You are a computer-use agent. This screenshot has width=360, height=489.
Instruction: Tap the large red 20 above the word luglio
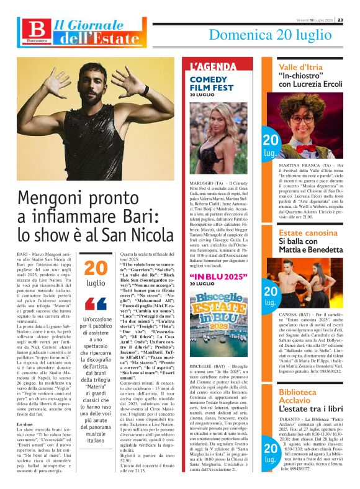click(x=96, y=267)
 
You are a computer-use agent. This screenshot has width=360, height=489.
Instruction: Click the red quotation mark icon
click(x=96, y=304)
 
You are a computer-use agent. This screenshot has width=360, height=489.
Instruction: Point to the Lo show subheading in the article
click(x=25, y=406)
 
